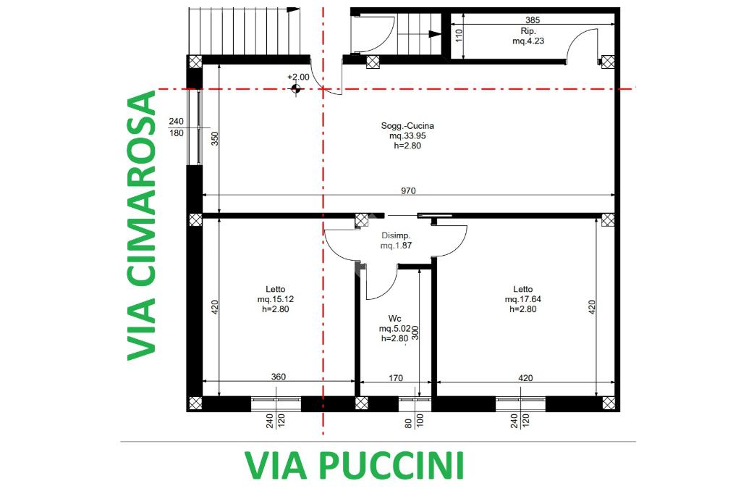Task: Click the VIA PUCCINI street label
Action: point(355,466)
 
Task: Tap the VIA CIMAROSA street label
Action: point(142,225)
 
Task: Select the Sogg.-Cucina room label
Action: point(407,126)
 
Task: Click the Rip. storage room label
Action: point(528,31)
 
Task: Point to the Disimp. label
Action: point(396,235)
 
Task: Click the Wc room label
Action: point(394,319)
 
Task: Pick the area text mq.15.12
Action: point(276,299)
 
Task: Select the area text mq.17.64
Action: point(522,299)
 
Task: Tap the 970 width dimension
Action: point(408,191)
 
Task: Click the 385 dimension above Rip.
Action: point(533,20)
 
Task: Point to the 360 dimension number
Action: point(279,377)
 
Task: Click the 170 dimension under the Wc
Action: point(396,377)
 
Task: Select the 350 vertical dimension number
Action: point(214,138)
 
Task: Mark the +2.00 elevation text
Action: point(298,77)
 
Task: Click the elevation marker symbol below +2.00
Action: point(296,88)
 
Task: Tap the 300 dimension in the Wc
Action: point(415,332)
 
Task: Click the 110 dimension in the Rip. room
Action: point(458,35)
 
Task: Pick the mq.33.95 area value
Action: point(407,135)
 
